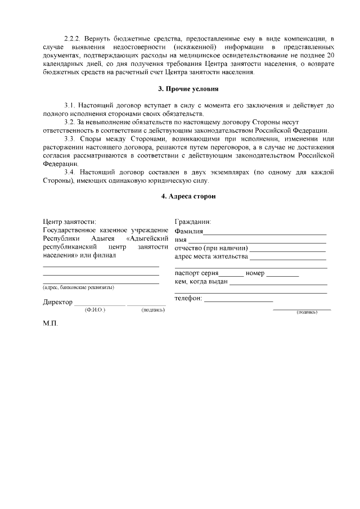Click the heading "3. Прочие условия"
[x=188, y=89]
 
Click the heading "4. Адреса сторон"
[x=188, y=196]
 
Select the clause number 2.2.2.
[x=73, y=39]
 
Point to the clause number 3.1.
[x=70, y=105]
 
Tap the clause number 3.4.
[x=70, y=172]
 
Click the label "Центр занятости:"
[x=69, y=222]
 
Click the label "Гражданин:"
[x=193, y=222]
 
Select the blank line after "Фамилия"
[x=265, y=232]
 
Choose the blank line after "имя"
[x=256, y=241]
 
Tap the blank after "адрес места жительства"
[x=288, y=258]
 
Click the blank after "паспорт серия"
[x=231, y=274]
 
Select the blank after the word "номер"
[x=282, y=274]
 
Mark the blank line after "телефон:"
[x=238, y=300]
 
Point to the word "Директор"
[x=58, y=303]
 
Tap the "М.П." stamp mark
[x=51, y=325]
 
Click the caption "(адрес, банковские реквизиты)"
[x=78, y=287]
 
